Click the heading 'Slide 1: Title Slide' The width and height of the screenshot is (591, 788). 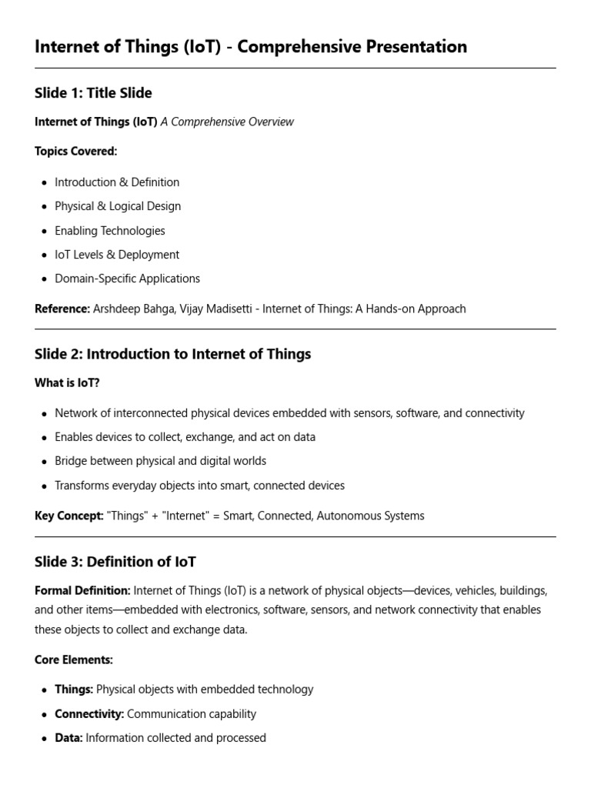coord(93,93)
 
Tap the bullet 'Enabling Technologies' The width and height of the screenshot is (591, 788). coord(109,231)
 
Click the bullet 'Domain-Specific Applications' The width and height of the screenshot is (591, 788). coord(127,279)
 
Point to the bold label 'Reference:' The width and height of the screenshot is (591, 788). coord(62,309)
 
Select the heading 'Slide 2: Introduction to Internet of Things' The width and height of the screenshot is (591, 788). coord(172,354)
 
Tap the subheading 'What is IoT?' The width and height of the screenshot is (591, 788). coord(67,383)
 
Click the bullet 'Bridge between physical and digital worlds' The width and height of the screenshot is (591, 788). coord(160,461)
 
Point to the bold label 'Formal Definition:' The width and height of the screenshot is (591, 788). coord(82,591)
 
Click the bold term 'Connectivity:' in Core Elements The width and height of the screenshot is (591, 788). coord(89,714)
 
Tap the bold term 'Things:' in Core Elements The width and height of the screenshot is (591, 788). coord(74,689)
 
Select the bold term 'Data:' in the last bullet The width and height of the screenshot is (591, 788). coord(68,738)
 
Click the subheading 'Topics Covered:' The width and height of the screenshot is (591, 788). coord(75,152)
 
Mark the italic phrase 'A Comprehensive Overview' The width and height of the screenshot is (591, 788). coord(227,122)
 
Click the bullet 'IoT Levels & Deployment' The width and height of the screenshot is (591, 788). coord(116,255)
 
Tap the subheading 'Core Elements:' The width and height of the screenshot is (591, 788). coord(74,660)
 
